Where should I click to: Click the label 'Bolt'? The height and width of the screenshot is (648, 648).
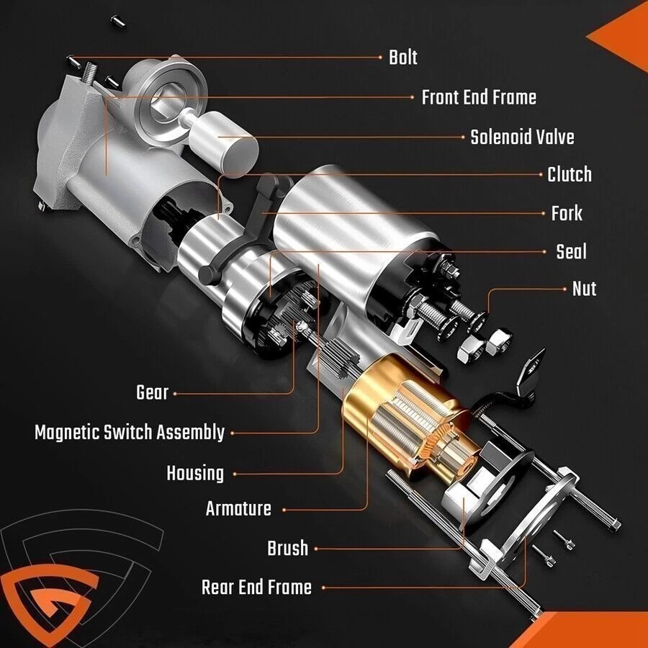[402, 58]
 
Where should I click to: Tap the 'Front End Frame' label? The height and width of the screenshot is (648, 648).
[479, 97]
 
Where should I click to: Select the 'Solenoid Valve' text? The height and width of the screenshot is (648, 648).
[522, 137]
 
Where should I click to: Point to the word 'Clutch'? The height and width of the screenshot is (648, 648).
[569, 174]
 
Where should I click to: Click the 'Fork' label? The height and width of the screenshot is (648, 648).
[567, 213]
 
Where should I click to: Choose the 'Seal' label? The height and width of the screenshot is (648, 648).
[571, 251]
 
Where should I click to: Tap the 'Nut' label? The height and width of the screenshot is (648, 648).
[584, 289]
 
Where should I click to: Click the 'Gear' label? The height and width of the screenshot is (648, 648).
[152, 393]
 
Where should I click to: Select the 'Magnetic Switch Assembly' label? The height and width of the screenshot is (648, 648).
[130, 433]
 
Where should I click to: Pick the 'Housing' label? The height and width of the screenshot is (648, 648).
[195, 474]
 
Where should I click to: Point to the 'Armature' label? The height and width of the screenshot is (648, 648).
[238, 509]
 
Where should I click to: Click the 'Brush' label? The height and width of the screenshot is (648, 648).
[288, 549]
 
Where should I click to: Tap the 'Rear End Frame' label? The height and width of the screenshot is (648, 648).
[256, 588]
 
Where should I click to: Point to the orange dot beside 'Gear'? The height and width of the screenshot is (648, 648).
[175, 394]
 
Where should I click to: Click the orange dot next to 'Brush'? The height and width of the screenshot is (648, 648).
[315, 549]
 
